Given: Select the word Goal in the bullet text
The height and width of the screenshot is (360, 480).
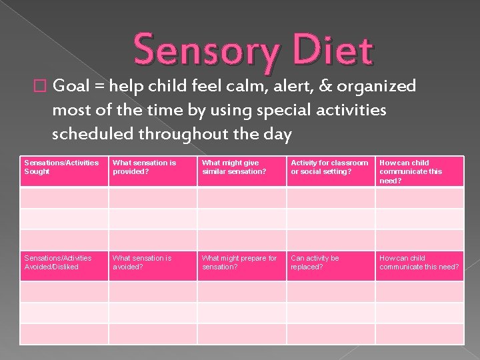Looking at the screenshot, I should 87,86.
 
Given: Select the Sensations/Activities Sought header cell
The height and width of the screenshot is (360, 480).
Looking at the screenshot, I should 64,171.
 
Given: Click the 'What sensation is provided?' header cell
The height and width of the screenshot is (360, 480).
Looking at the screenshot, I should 153,171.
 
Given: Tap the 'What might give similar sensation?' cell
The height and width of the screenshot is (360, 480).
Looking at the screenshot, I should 241,171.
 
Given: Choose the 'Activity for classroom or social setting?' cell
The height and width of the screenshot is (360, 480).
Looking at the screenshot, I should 331,171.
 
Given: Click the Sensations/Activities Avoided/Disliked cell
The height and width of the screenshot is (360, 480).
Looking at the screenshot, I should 64,265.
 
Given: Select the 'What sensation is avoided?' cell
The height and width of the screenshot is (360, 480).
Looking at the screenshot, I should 153,265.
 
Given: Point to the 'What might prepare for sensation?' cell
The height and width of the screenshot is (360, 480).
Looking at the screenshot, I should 241,265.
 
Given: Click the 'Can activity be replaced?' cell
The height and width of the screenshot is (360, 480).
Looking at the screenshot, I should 331,265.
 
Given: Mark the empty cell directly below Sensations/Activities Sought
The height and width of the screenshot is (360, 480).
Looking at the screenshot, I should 64,198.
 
